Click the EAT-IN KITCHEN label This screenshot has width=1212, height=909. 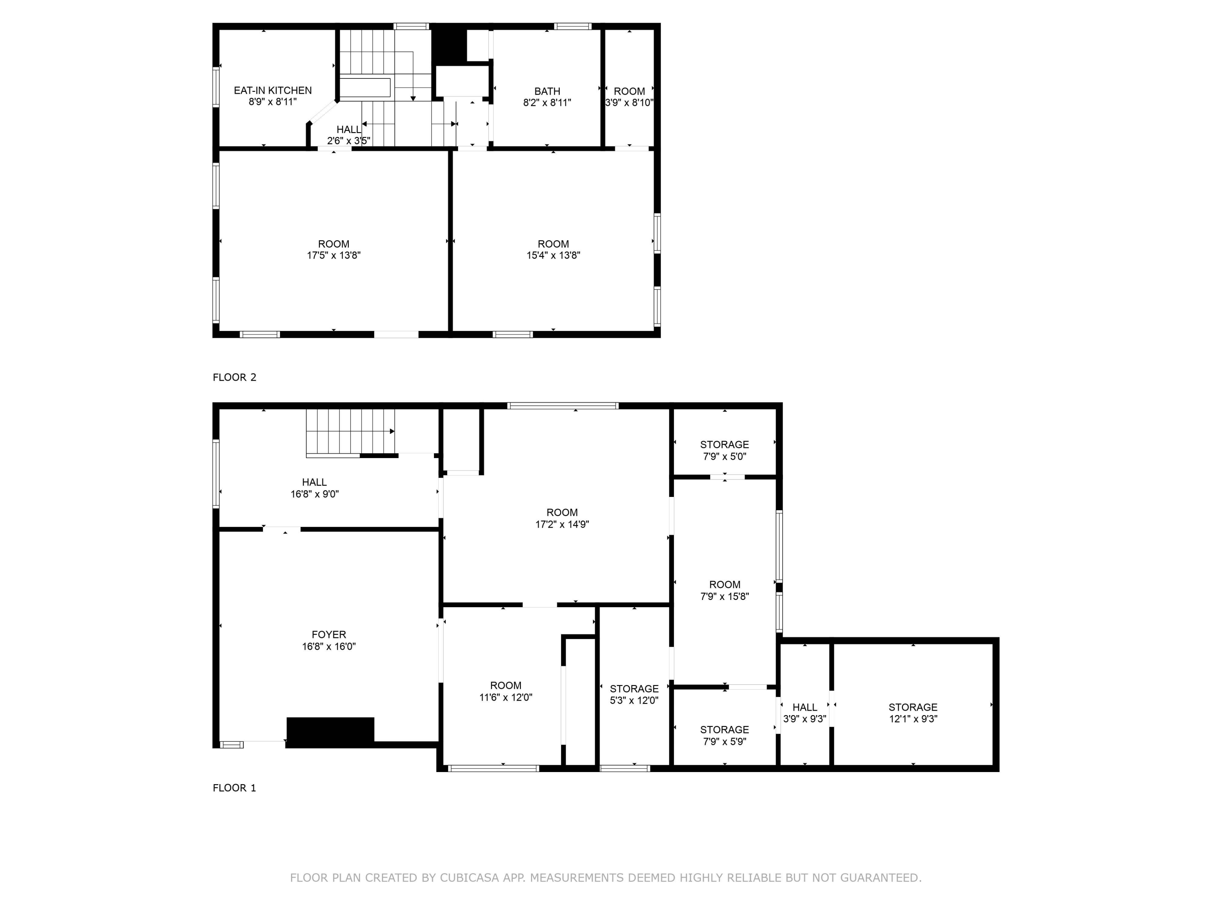(272, 90)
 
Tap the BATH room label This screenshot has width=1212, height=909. (547, 91)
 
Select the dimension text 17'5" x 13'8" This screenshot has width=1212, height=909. (333, 255)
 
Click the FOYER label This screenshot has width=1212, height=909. (329, 635)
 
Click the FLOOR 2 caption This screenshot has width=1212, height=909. (234, 377)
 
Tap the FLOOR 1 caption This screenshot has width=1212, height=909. (234, 788)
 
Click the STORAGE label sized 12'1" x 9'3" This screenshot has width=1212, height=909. (912, 707)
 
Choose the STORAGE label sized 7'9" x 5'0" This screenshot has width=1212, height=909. (724, 444)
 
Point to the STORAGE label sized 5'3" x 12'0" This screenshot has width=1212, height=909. (634, 689)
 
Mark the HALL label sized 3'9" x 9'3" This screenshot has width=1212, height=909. (804, 707)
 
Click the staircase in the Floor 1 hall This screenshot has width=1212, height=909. (349, 432)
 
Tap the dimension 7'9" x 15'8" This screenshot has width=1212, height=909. (724, 597)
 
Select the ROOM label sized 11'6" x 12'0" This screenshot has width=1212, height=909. (505, 686)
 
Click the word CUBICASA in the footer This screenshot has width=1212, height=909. (469, 878)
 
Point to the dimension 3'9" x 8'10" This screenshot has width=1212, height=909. (629, 103)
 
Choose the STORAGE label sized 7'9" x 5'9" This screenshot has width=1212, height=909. (724, 730)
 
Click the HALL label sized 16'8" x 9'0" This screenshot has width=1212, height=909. (314, 482)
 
